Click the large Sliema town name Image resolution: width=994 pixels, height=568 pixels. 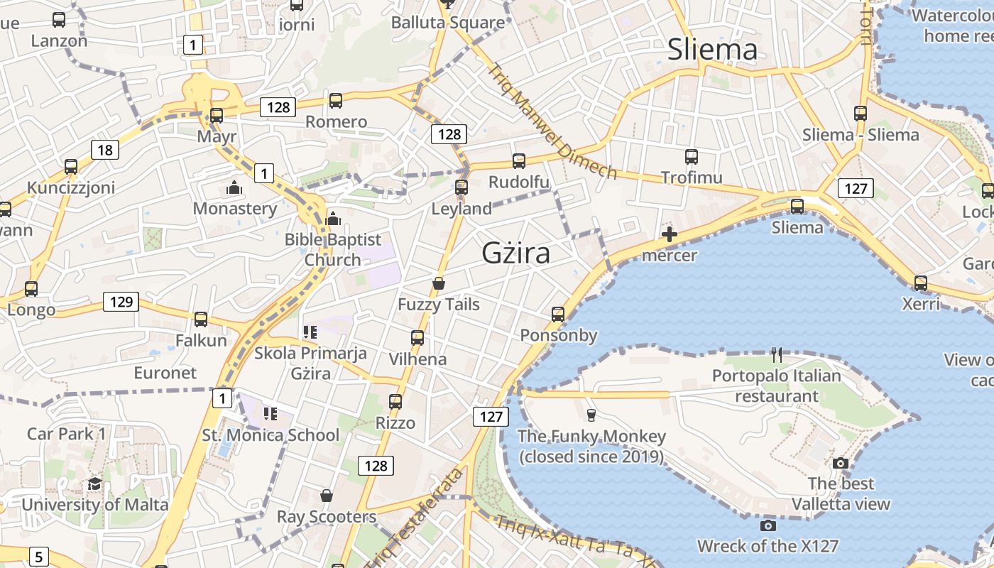point(712,50)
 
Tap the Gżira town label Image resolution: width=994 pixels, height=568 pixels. point(515,253)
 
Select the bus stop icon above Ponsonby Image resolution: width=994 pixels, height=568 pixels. point(558,314)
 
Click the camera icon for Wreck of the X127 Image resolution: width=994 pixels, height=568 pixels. point(768,525)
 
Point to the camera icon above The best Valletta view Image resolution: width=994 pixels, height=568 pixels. point(841,463)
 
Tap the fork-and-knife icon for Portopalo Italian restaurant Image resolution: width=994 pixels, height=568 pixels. point(777,354)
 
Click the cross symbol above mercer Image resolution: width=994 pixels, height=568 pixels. point(669,234)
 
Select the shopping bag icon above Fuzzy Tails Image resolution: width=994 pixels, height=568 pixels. point(439,283)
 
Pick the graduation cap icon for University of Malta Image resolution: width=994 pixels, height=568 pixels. point(94,484)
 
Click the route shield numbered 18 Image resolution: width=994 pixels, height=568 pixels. point(105,150)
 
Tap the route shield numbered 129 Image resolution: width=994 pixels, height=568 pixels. point(121,302)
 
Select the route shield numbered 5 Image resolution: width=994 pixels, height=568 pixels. point(39,557)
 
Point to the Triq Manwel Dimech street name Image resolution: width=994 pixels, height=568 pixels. point(552,121)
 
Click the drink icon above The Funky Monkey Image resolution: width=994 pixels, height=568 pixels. point(591,415)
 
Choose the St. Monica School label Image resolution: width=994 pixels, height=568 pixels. point(271,435)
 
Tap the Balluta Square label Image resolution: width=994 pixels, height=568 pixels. point(448,23)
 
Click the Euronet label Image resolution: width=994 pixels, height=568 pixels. point(165,373)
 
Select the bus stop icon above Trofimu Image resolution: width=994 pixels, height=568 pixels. point(692,157)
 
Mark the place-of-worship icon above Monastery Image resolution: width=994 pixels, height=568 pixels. point(234,188)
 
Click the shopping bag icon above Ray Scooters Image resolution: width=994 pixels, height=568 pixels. point(327,495)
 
